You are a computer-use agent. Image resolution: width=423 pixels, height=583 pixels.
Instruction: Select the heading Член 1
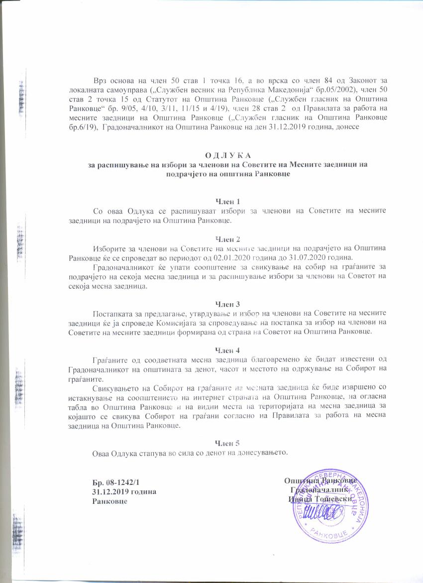click(227, 202)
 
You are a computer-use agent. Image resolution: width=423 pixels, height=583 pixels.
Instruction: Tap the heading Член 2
click(227, 238)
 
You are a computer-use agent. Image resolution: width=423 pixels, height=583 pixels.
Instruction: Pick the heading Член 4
click(227, 349)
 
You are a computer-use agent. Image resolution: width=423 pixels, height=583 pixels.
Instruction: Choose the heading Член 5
click(227, 443)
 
